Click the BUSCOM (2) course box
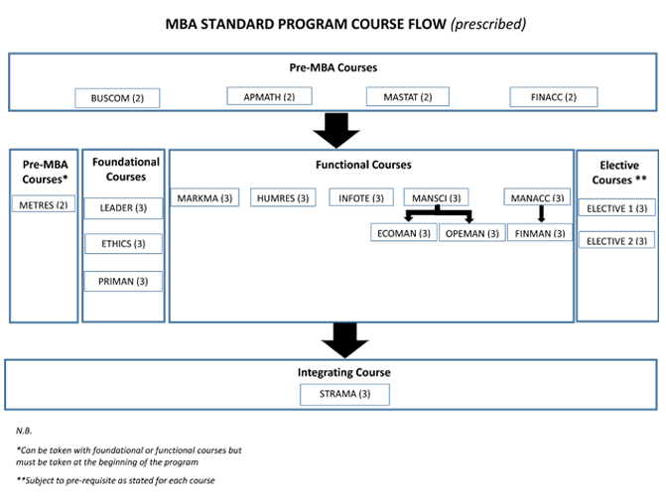[117, 98]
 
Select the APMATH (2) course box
[269, 96]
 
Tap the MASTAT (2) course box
[408, 96]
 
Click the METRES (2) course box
[43, 204]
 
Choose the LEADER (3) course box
[123, 207]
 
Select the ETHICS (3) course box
[123, 244]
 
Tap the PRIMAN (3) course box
[123, 281]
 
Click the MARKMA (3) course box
[204, 197]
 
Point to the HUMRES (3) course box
[281, 197]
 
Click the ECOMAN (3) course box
[403, 233]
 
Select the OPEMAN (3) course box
[471, 233]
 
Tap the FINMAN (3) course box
[540, 233]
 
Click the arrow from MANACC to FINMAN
[541, 214]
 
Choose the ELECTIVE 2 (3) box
[616, 240]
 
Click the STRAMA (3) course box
[344, 394]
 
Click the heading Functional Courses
[370, 164]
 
